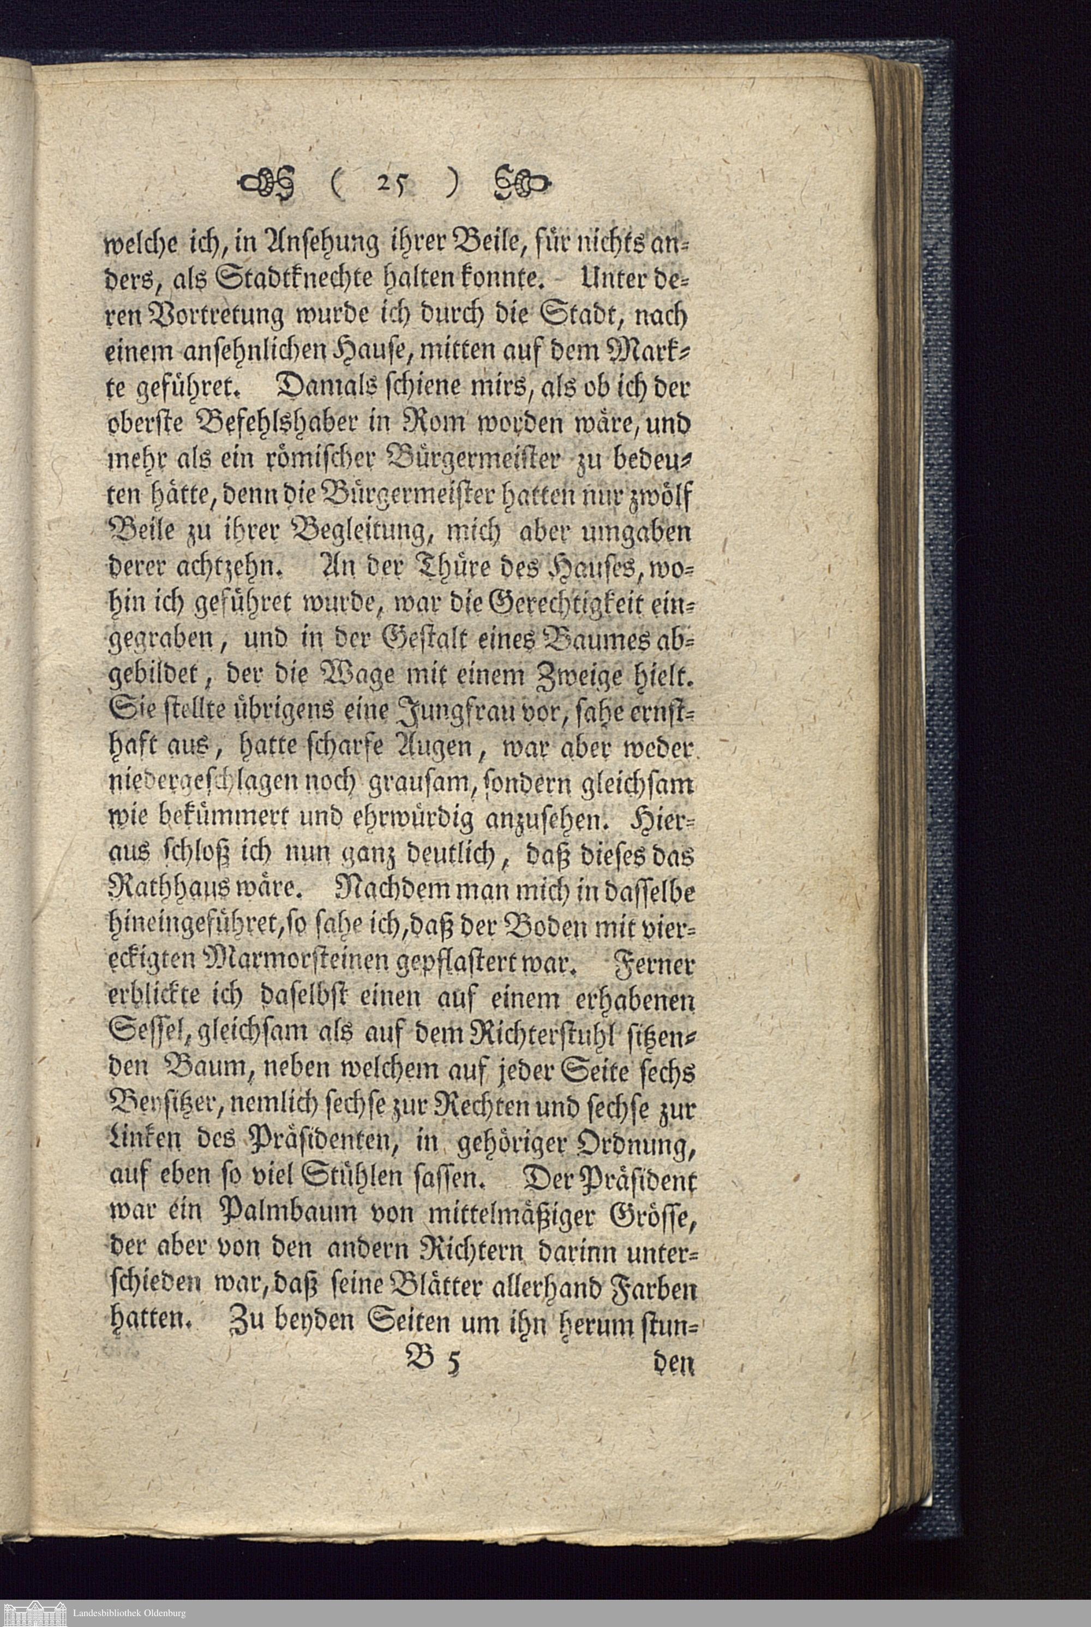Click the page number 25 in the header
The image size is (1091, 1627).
387,184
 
